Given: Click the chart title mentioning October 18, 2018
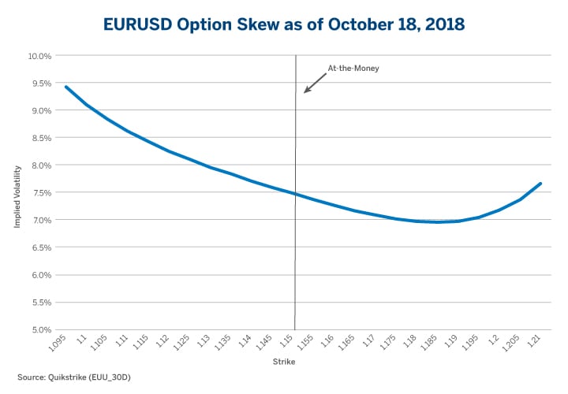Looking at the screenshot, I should (284, 24).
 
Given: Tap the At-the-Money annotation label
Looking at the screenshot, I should (353, 69).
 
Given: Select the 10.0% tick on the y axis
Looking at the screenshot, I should (39, 56).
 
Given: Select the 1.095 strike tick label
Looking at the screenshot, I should (57, 344).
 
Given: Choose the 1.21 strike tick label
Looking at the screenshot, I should (536, 342).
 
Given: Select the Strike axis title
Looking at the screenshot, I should (284, 362).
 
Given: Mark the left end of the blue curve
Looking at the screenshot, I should (65, 87).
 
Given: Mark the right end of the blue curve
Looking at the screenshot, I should (540, 184).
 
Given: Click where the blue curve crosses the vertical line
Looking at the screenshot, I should (296, 194).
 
